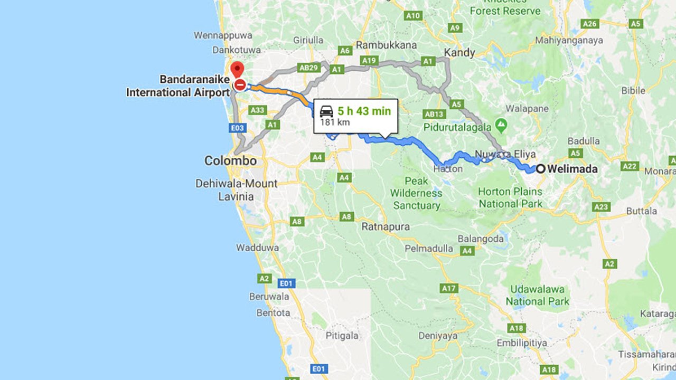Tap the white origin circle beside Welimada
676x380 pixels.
(x=541, y=169)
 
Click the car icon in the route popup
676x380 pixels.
(x=326, y=111)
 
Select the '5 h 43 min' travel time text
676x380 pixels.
(x=364, y=111)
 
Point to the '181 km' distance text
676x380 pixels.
(x=334, y=122)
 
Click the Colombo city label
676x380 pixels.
(x=230, y=160)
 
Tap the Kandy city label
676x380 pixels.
(x=459, y=52)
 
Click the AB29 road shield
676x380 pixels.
(x=308, y=68)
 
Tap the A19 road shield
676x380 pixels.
(x=368, y=61)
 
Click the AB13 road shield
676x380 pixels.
(x=435, y=114)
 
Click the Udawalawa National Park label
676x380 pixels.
(x=538, y=296)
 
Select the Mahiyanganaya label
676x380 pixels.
(x=569, y=40)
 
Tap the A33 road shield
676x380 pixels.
(x=257, y=110)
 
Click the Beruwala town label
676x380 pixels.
(x=269, y=297)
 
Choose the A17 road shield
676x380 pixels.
(x=449, y=288)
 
